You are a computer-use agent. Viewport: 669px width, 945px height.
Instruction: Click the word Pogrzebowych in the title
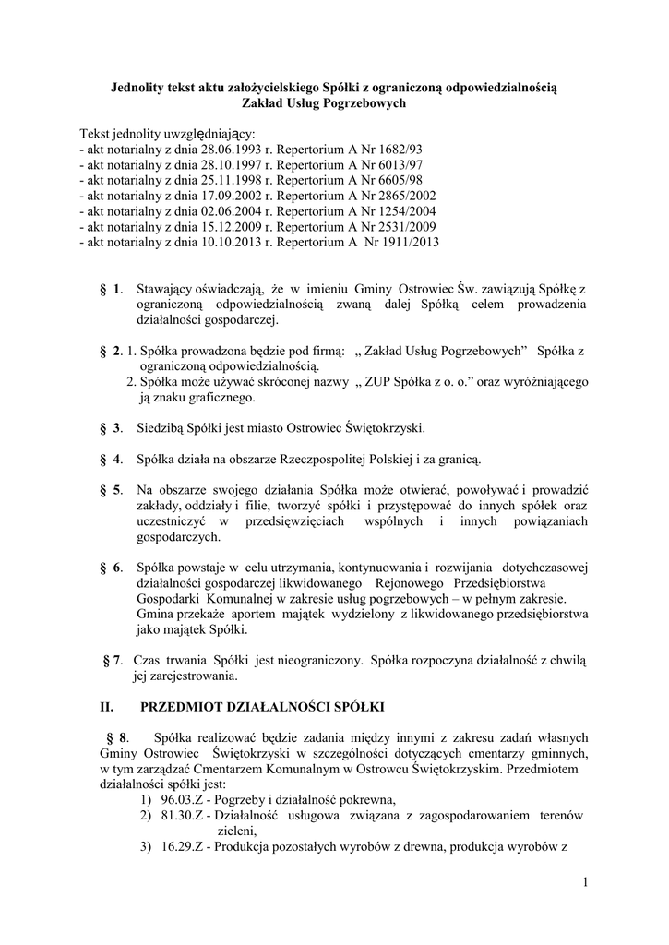coord(362,104)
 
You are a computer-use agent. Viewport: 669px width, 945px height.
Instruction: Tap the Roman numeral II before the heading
coord(105,708)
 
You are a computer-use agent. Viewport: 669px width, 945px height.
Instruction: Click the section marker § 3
coord(111,427)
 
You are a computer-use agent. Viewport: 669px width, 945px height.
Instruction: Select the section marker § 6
coord(111,567)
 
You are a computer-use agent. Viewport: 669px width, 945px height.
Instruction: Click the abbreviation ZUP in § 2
coord(381,381)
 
